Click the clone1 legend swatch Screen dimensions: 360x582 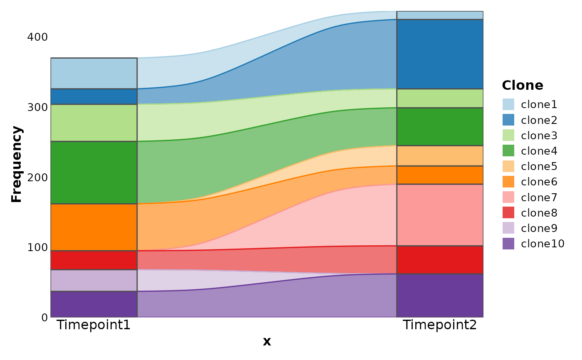point(508,104)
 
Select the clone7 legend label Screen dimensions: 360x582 point(539,197)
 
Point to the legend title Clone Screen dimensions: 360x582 point(522,85)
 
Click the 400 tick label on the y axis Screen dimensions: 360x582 point(37,37)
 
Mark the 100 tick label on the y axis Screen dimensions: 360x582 point(37,247)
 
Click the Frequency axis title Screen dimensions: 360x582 point(17,164)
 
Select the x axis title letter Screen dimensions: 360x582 point(266,342)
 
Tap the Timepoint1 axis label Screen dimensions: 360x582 point(94,325)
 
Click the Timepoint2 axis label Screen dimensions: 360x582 point(440,325)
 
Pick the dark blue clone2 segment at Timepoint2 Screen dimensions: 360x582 point(440,54)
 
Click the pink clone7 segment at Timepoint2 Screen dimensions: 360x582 point(440,215)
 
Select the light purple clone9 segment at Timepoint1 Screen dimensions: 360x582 point(94,281)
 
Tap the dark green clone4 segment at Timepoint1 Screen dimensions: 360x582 point(94,173)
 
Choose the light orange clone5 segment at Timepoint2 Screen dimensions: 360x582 point(440,156)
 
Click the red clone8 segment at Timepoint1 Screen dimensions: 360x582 point(94,260)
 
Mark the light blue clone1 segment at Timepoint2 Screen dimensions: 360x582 point(440,15)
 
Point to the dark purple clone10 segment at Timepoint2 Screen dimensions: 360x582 point(440,295)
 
